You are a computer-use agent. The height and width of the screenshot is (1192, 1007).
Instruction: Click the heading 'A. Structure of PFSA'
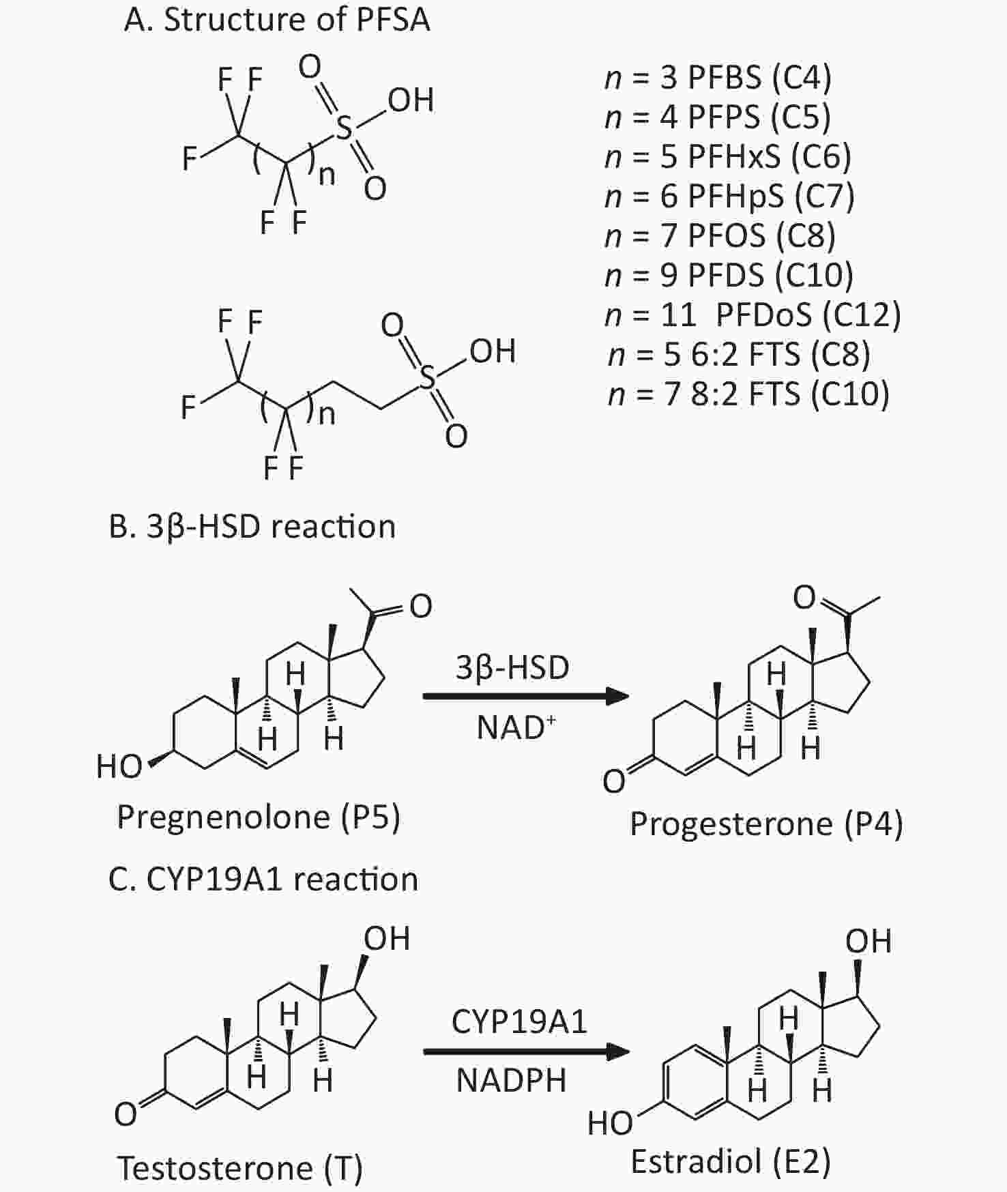277,19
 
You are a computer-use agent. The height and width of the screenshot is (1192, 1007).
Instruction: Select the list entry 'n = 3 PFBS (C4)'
718,77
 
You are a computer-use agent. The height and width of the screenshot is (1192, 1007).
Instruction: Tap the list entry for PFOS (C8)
720,235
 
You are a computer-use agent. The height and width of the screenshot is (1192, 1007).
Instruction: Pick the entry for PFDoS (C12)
753,315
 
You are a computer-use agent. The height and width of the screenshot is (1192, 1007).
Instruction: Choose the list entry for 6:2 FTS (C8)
740,354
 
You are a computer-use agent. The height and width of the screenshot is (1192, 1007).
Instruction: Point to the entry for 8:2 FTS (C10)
749,394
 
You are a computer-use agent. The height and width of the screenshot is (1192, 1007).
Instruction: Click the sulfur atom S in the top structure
345,128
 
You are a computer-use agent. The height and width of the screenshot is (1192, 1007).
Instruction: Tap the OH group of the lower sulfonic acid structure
492,351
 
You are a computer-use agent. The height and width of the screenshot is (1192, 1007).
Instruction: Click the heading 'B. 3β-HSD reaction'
252,527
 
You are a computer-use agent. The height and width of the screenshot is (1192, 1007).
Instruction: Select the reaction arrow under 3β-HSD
526,696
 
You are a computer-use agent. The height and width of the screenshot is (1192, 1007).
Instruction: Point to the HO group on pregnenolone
119,766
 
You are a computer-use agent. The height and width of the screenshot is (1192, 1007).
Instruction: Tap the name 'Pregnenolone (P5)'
259,817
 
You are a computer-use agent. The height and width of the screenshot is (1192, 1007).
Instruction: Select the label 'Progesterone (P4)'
766,824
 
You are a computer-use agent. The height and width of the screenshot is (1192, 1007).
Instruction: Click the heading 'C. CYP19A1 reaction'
263,879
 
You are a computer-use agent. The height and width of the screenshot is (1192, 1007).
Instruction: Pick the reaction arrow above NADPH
526,1051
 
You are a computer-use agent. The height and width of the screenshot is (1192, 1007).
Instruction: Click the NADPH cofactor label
512,1081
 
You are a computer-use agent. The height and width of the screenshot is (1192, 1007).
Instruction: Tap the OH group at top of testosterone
387,938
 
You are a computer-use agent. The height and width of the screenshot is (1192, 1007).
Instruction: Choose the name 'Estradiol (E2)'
731,1161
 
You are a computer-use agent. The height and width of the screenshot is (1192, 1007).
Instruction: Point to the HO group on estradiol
611,1122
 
